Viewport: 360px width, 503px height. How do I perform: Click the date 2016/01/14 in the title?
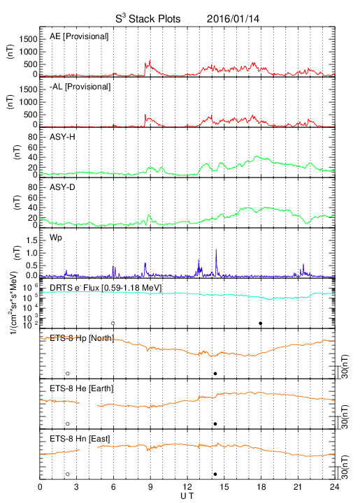point(233,19)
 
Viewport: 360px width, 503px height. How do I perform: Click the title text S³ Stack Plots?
point(148,18)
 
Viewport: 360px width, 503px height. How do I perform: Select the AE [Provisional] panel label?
point(79,36)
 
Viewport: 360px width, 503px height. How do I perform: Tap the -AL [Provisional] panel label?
point(80,87)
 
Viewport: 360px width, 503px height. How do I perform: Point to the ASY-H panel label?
point(62,137)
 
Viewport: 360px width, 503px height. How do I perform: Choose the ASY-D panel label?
point(62,187)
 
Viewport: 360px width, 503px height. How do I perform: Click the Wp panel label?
point(55,238)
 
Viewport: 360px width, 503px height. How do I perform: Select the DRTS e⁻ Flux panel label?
point(106,288)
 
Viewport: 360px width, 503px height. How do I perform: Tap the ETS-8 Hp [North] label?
point(82,338)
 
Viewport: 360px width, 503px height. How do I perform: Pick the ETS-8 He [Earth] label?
point(82,388)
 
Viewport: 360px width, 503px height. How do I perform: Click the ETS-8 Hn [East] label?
point(80,439)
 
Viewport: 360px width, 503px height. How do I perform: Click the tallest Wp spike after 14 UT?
point(216,250)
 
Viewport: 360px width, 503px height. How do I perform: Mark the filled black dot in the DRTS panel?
point(261,323)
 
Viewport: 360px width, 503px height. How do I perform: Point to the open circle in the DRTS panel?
point(113,323)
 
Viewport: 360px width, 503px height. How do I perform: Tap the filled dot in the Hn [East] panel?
point(215,474)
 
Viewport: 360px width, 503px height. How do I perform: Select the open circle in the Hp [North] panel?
point(68,373)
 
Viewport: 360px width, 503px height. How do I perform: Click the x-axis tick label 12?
point(187,487)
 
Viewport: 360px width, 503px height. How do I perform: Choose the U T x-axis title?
point(187,496)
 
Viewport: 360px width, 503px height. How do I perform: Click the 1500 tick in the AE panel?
point(29,39)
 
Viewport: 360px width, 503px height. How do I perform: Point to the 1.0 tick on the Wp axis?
point(31,253)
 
